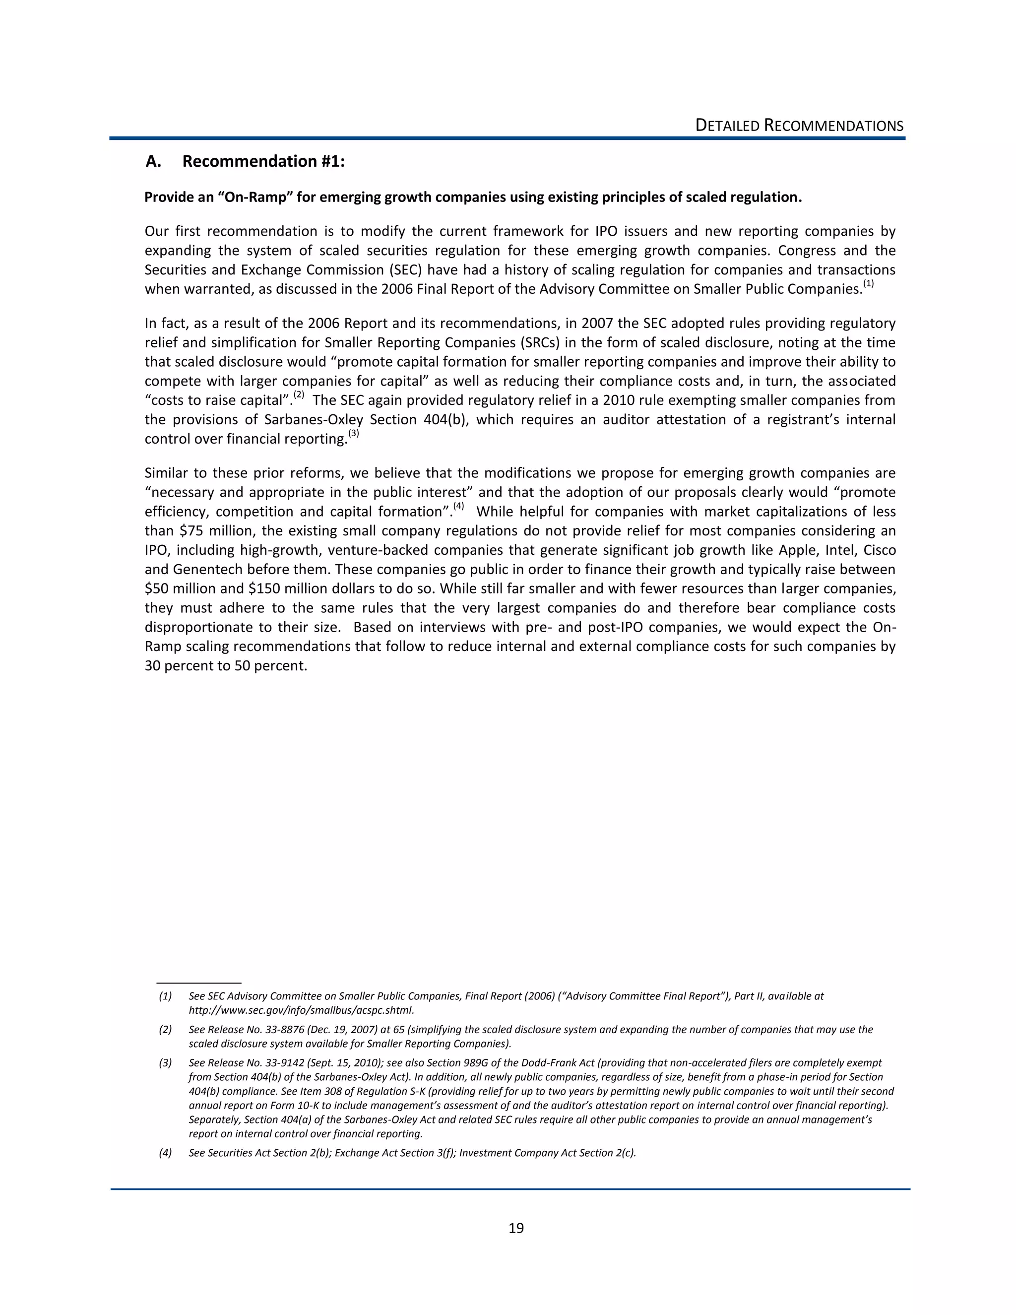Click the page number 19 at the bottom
point(516,1228)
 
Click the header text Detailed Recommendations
point(799,126)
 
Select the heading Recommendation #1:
point(263,161)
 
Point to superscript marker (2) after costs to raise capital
point(299,395)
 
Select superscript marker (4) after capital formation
point(459,506)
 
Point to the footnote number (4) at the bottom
point(165,1153)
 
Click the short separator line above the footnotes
point(198,982)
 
